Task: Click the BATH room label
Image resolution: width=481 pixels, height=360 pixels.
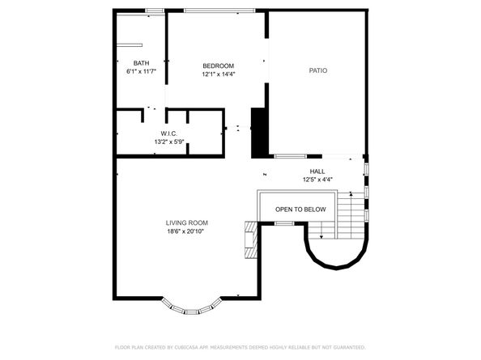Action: click(142, 63)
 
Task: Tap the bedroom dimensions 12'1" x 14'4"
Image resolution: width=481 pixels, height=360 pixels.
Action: click(218, 74)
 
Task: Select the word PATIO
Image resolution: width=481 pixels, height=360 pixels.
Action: click(318, 70)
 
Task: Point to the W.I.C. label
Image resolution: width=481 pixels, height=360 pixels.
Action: click(169, 133)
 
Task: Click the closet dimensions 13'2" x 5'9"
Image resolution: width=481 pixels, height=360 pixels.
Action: click(169, 142)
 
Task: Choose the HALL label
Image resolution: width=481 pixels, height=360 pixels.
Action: click(317, 172)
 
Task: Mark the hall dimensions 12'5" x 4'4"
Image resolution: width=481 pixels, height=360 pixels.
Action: click(317, 179)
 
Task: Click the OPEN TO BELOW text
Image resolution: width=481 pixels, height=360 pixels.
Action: click(300, 210)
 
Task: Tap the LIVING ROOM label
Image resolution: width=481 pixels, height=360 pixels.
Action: click(187, 223)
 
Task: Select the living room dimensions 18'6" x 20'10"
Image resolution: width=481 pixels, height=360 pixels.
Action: click(187, 232)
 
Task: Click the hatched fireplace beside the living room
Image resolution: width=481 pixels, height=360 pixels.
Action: click(251, 240)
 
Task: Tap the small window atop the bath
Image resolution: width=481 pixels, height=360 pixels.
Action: click(151, 11)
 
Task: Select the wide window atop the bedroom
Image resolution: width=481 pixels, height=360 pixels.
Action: click(219, 11)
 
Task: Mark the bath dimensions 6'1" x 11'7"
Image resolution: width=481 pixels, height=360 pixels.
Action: click(142, 72)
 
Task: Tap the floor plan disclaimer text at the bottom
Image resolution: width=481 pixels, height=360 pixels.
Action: click(240, 347)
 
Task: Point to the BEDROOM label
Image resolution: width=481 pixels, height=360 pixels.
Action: click(218, 66)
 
